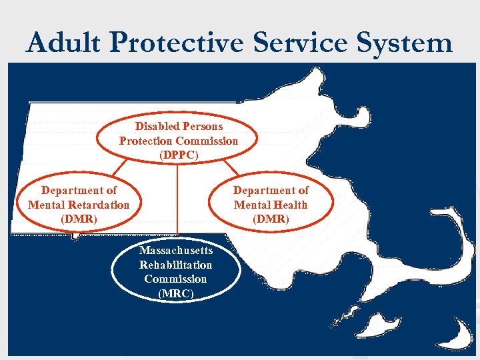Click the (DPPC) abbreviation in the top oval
[178, 155]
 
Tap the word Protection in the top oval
[145, 141]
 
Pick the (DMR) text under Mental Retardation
[79, 219]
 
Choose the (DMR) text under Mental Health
[271, 219]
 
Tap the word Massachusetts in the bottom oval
[176, 251]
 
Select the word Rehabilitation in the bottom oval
[175, 265]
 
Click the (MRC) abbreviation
[175, 293]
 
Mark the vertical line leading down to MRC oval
[177, 200]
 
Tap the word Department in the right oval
[271, 190]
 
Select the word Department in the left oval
[79, 190]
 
